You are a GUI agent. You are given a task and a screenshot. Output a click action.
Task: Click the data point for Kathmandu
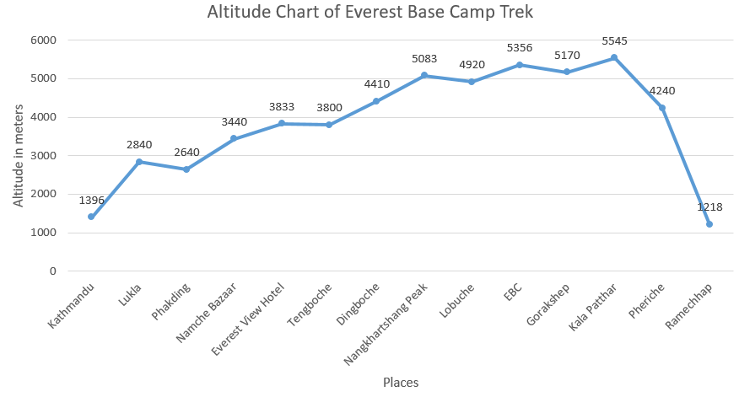click(91, 217)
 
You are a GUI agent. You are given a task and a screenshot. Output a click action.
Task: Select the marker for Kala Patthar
click(614, 57)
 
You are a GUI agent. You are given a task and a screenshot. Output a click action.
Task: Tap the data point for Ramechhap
click(709, 224)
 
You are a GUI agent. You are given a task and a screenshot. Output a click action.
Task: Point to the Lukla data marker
click(138, 162)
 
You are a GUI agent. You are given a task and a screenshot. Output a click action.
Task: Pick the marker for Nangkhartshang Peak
click(424, 75)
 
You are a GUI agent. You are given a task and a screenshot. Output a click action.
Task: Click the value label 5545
click(614, 40)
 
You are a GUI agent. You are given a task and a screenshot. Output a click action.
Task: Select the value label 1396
click(92, 201)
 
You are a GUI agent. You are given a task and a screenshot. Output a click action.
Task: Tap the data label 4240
click(661, 91)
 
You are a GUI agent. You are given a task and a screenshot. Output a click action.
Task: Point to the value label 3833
click(282, 106)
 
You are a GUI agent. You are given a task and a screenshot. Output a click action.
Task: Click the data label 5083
click(424, 59)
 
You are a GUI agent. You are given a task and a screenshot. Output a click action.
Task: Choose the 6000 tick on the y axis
click(44, 40)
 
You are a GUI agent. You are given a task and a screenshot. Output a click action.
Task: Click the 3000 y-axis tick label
click(44, 156)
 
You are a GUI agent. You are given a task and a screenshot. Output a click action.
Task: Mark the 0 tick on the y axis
click(52, 271)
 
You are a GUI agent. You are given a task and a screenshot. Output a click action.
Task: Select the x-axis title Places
click(401, 383)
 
